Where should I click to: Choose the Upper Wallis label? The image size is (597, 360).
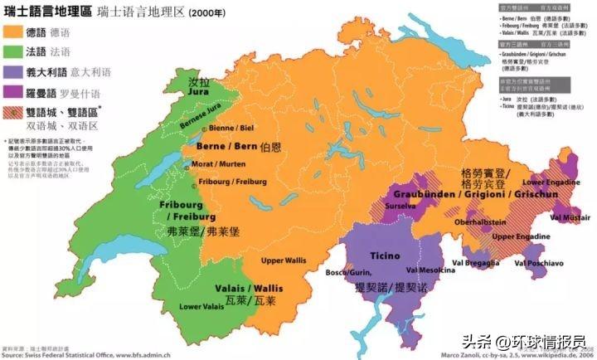click(x=284, y=260)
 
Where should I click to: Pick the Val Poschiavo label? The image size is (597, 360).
click(x=540, y=263)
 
